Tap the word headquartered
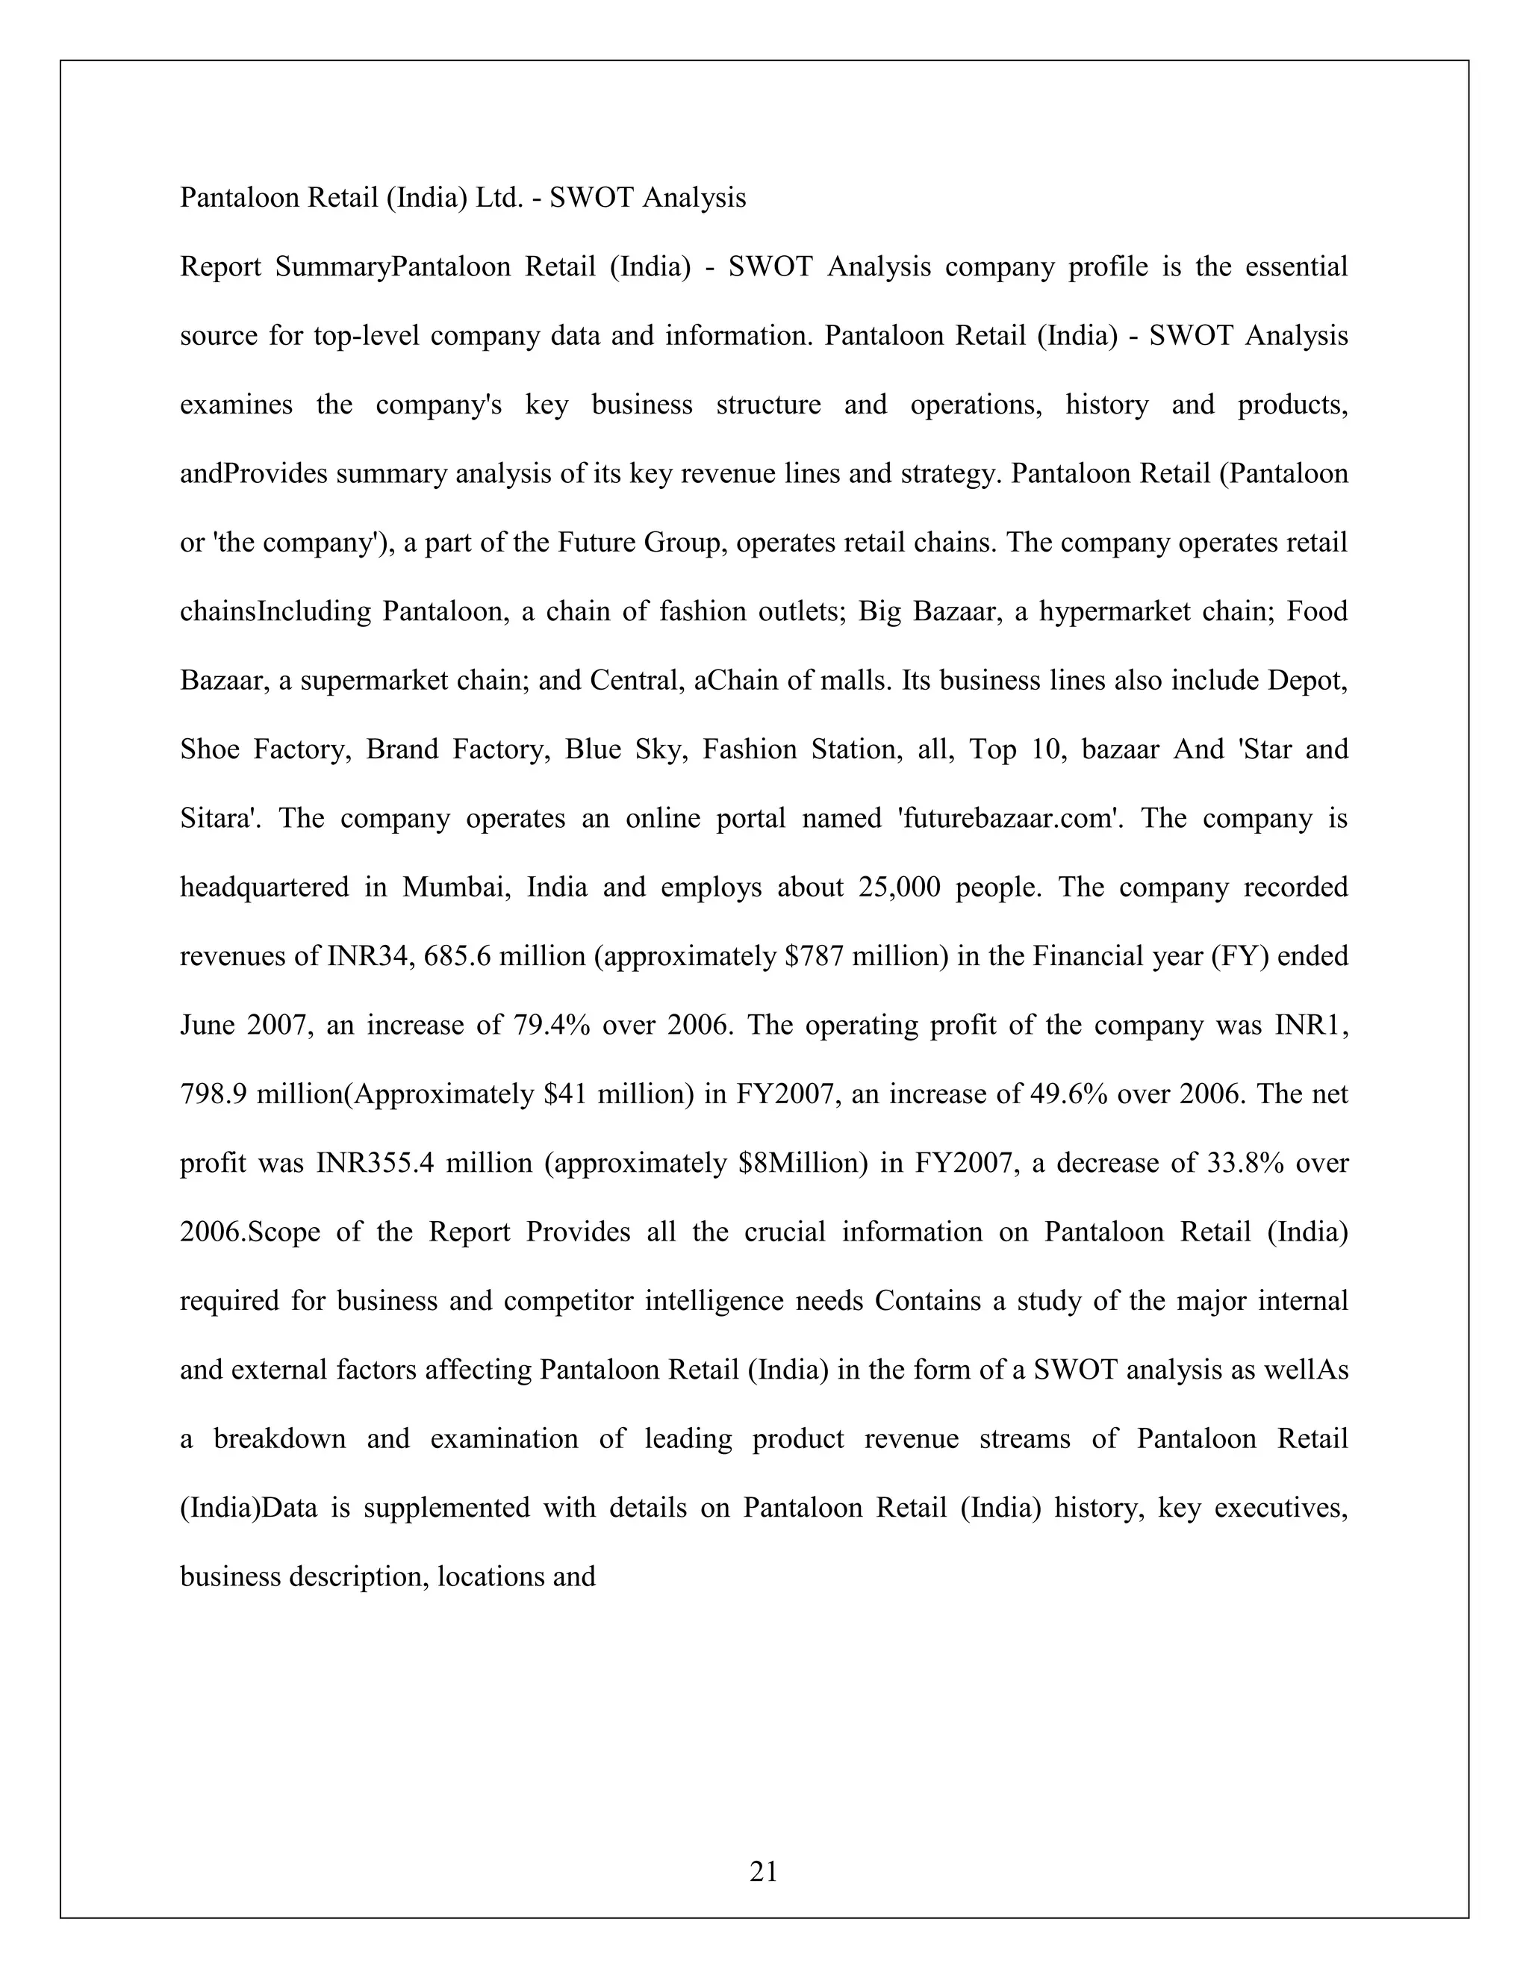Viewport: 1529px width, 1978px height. coord(264,887)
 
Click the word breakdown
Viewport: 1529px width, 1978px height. coord(280,1438)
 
